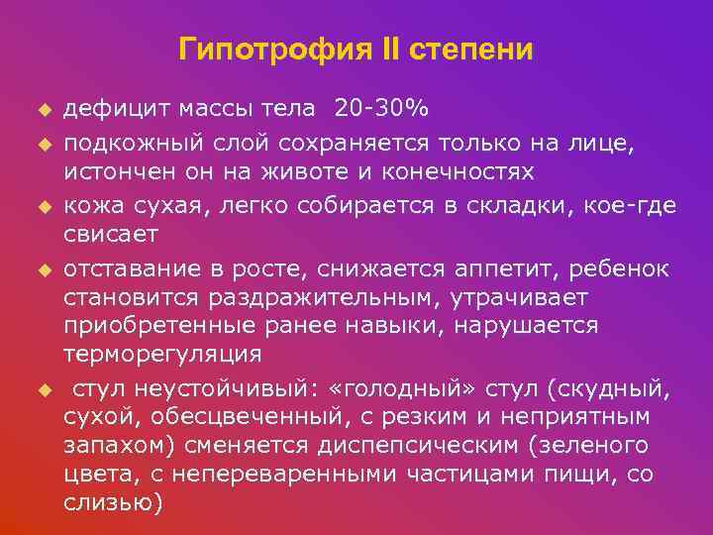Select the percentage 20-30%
coord(381,106)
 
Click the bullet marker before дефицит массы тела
coord(44,107)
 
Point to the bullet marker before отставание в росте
coord(44,269)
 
